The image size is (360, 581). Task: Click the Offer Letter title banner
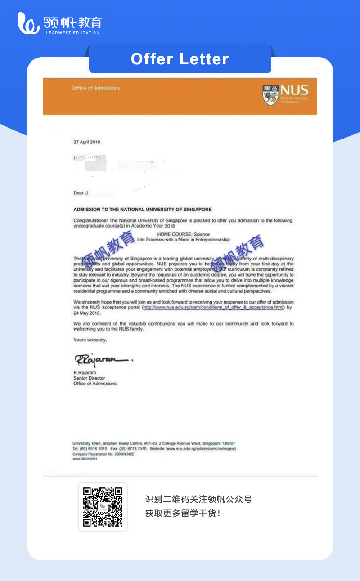(x=180, y=59)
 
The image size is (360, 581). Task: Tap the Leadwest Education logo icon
(x=28, y=23)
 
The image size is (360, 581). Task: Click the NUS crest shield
(x=270, y=94)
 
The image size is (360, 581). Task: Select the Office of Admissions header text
(x=95, y=88)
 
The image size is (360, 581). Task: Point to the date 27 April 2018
(x=87, y=142)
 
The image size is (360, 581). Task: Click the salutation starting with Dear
(x=81, y=193)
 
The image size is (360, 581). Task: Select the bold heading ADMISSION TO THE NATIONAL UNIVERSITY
(x=142, y=210)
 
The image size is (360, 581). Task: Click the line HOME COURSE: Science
(x=183, y=234)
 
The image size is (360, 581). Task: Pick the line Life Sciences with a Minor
(x=183, y=240)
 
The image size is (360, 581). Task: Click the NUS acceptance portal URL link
(x=213, y=308)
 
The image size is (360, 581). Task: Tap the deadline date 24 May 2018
(x=87, y=313)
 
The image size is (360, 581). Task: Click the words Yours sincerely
(x=90, y=340)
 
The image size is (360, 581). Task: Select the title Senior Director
(x=89, y=378)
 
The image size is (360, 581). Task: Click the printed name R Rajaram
(x=85, y=373)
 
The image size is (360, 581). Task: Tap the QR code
(x=103, y=506)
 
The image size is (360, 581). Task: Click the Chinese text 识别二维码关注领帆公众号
(x=198, y=499)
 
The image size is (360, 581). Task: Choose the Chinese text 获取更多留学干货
(x=183, y=513)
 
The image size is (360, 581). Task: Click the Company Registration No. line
(x=103, y=454)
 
